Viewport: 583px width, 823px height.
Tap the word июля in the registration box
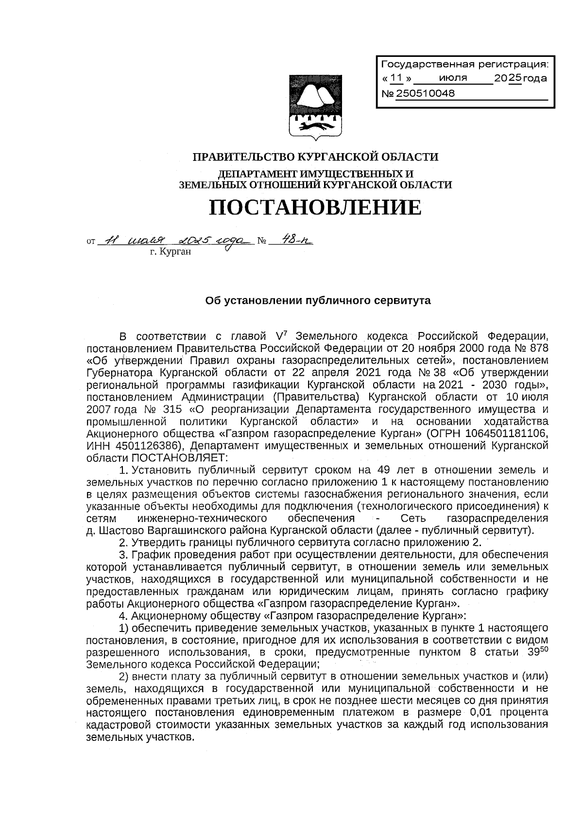(x=452, y=78)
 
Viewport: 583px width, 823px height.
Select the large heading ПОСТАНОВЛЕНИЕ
(x=315, y=208)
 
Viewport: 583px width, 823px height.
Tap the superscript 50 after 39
(x=544, y=649)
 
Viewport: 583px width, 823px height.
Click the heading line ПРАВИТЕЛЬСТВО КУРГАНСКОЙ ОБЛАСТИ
(x=315, y=157)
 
